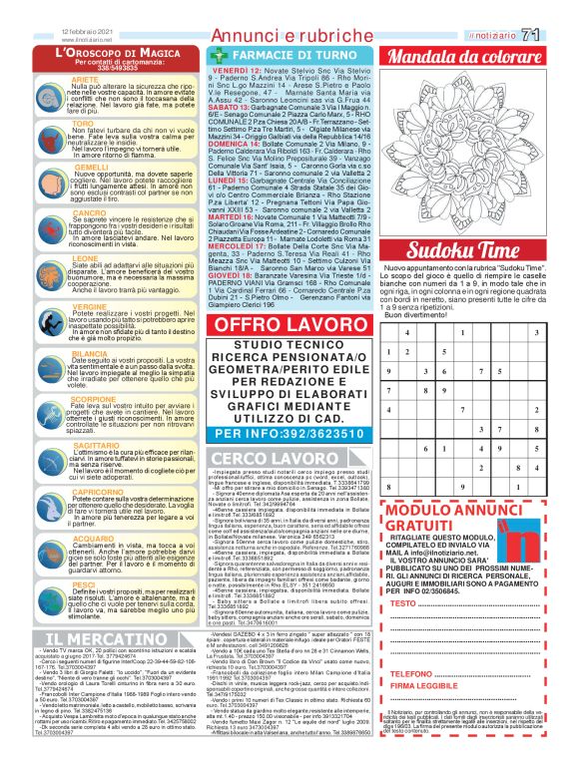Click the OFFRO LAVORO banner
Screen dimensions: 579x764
(x=288, y=324)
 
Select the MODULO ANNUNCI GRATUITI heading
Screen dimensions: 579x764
(x=440, y=518)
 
